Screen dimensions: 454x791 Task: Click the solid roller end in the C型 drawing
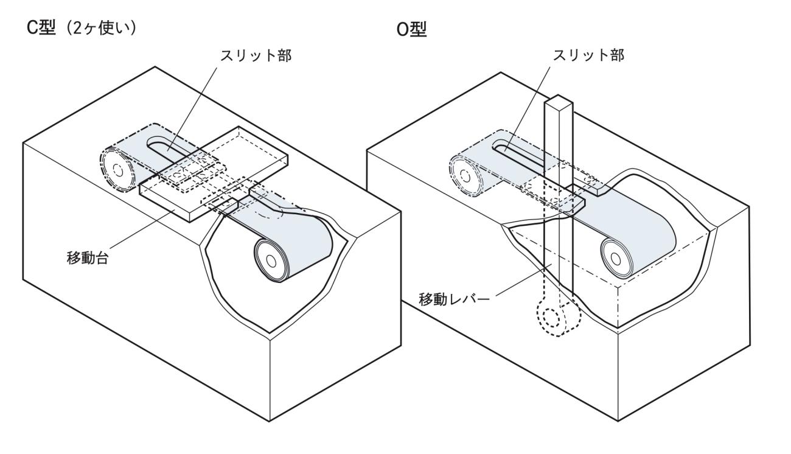coord(271,258)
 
